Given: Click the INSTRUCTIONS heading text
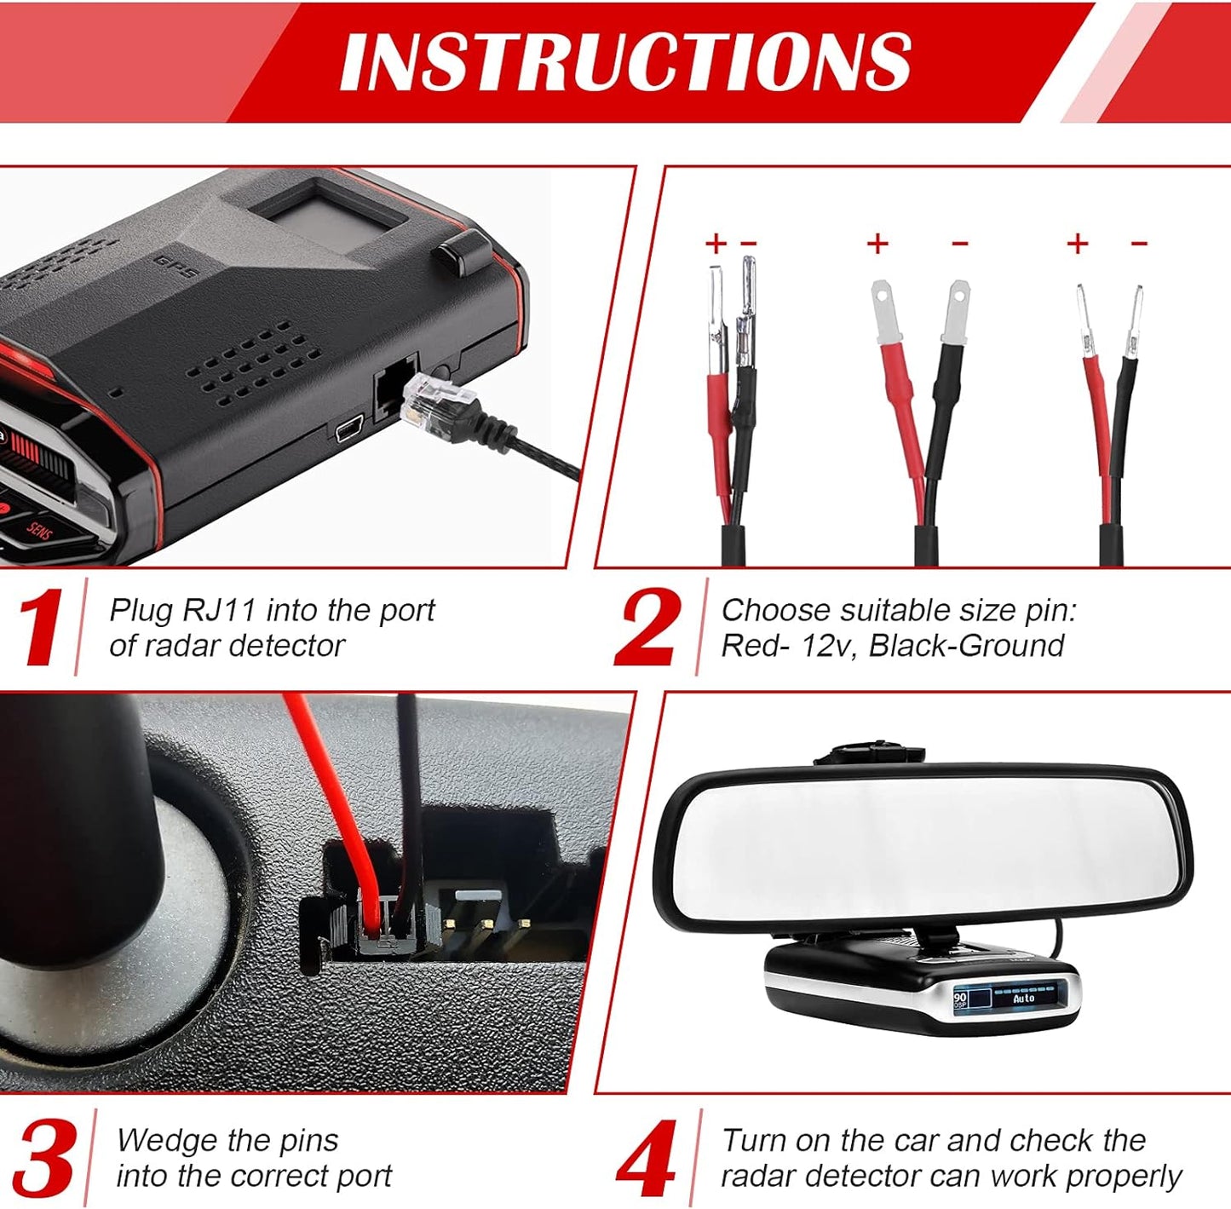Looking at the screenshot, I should point(626,61).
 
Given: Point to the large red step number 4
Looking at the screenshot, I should point(647,1159).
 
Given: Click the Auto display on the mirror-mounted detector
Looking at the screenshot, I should point(1023,998).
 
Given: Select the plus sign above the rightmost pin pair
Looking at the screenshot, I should point(1078,245).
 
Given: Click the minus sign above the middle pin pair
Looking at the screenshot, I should point(960,245).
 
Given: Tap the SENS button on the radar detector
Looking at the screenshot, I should point(38,532).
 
